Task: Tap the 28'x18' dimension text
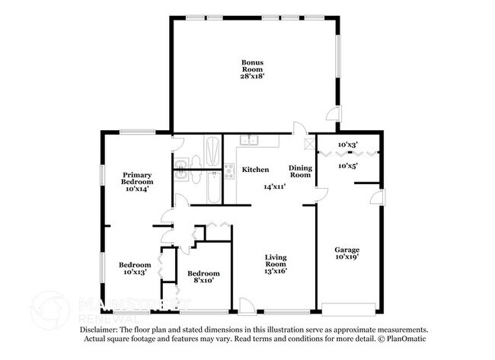[253, 76]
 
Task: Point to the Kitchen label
[255, 169]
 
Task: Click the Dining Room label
[300, 171]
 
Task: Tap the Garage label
[347, 249]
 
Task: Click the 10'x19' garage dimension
[347, 257]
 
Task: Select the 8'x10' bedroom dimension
[203, 281]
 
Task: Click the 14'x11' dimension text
[274, 186]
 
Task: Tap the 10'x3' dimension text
[348, 145]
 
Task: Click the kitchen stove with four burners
[229, 171]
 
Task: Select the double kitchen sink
[250, 140]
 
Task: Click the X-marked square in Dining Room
[308, 142]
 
